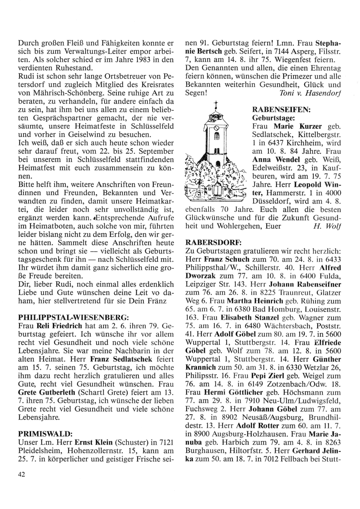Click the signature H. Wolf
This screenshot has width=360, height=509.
tap(326, 227)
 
